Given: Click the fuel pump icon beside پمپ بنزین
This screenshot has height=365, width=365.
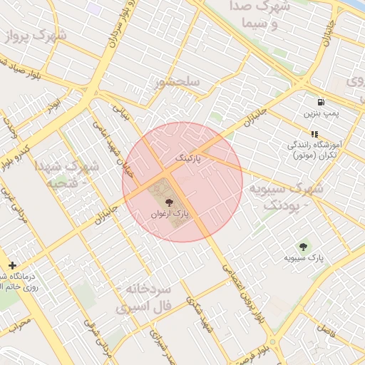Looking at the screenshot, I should (x=315, y=101).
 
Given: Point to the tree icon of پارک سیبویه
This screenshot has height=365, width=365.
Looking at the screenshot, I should (x=304, y=246).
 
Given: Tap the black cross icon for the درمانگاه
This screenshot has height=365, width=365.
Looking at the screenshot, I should (x=12, y=265).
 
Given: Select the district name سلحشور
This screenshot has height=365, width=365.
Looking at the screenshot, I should (x=178, y=83).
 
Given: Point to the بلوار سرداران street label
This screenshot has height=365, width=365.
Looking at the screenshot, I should (x=119, y=27).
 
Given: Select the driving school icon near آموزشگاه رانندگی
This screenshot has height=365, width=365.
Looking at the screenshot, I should (x=314, y=133).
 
